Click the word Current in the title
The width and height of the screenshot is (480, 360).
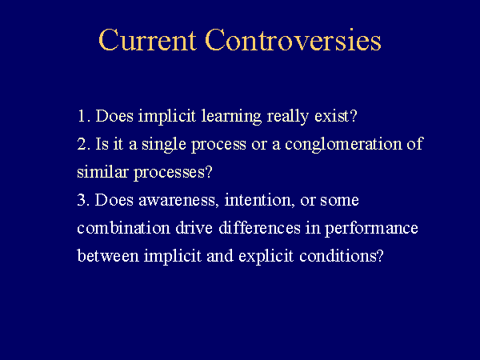147,40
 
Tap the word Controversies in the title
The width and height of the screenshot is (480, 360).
294,40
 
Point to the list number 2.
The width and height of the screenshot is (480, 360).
83,143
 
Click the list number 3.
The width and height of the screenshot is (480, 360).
83,200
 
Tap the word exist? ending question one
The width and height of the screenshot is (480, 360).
336,116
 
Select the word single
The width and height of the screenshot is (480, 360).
164,145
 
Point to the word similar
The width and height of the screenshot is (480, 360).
102,172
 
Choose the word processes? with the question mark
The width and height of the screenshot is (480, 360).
173,174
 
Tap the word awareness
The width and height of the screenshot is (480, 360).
178,201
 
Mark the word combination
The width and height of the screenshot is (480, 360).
124,228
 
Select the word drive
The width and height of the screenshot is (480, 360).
194,228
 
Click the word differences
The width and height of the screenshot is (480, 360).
259,228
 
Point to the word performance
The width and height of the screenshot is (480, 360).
371,230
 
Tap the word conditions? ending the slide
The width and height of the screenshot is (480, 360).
342,256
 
